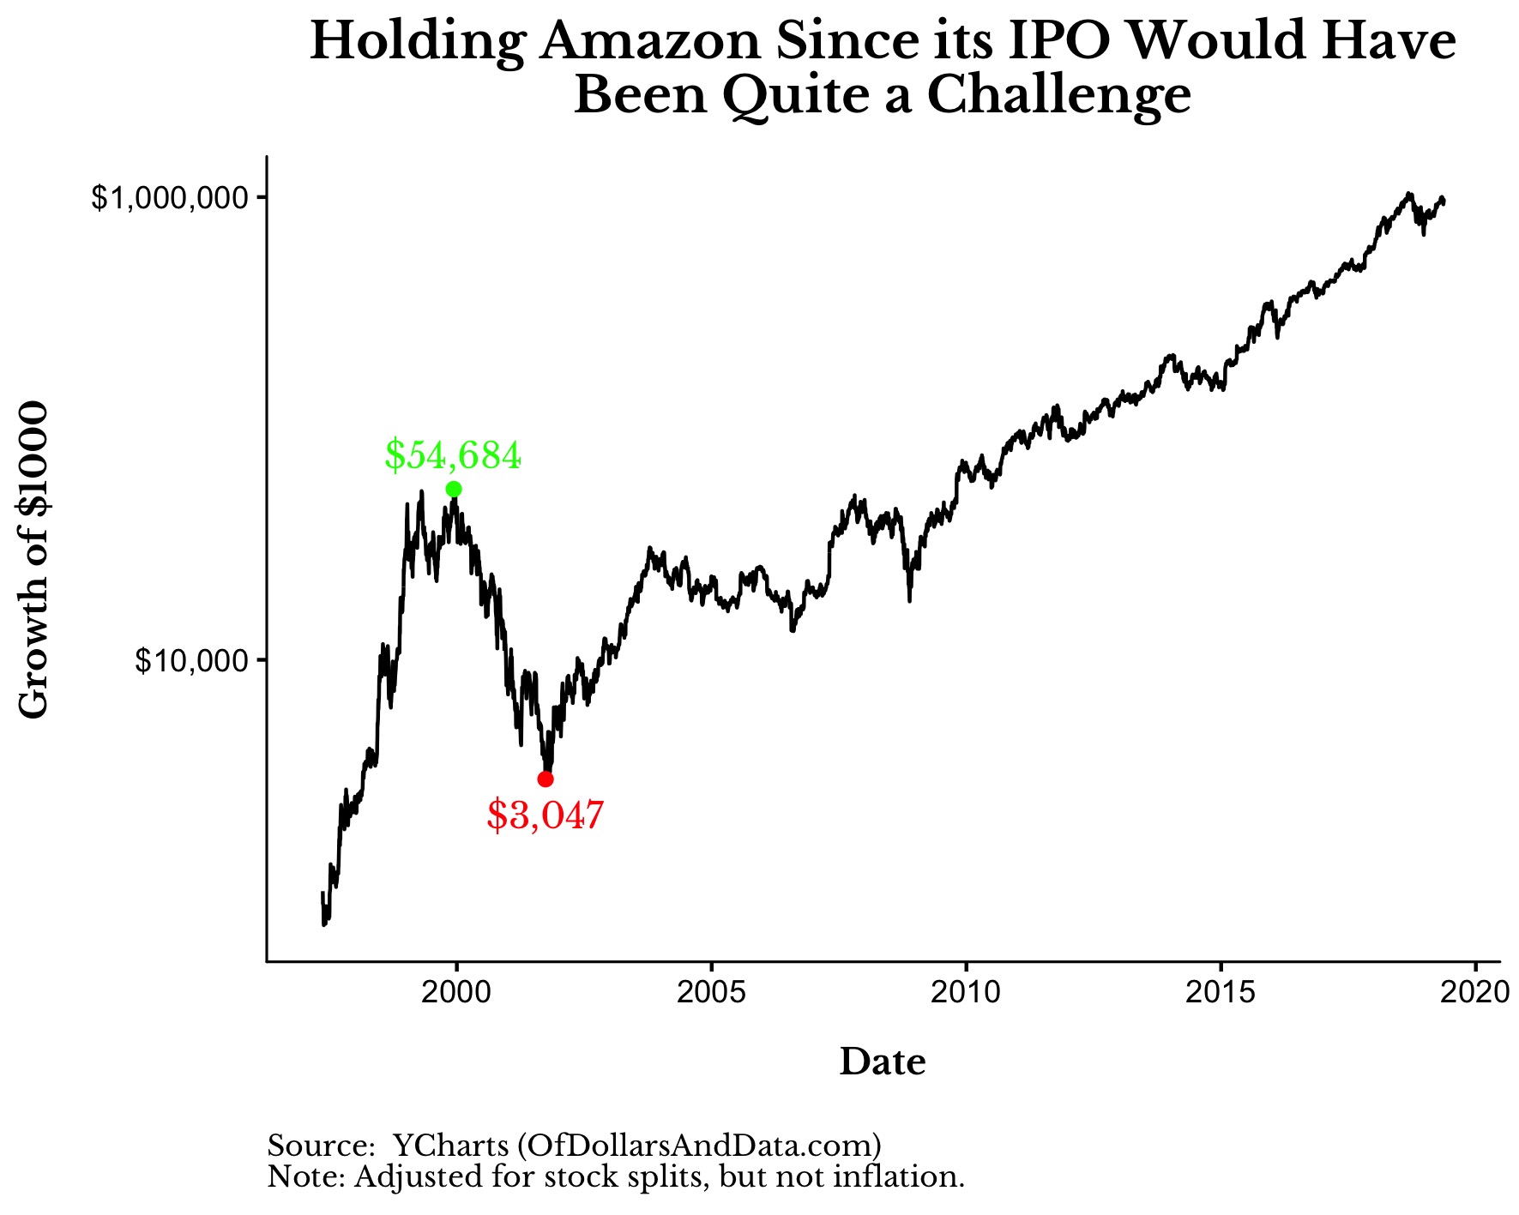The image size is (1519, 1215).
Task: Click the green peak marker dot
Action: [454, 489]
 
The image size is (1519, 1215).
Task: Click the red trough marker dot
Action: [546, 779]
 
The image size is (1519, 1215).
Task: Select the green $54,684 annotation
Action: [452, 454]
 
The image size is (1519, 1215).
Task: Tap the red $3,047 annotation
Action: [546, 815]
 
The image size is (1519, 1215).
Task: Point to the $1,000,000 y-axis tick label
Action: [175, 198]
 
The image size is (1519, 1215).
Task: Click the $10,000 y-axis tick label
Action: [196, 660]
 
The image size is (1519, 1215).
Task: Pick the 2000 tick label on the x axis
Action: [456, 992]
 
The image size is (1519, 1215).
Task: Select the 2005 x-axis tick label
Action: [711, 992]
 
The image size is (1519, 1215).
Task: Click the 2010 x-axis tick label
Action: [966, 992]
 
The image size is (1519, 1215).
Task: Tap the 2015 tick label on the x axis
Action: [1221, 992]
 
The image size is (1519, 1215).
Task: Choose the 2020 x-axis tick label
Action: [1474, 992]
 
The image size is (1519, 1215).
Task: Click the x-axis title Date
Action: [883, 1062]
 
